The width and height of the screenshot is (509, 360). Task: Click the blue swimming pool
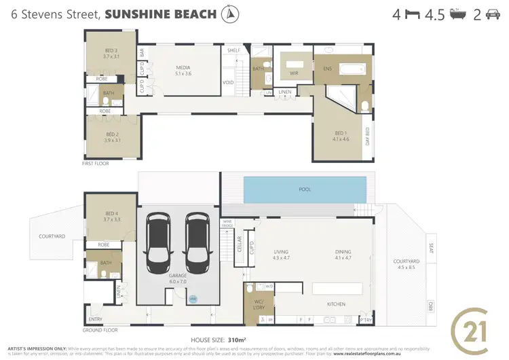pos(304,190)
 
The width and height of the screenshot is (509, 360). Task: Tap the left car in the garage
pos(158,239)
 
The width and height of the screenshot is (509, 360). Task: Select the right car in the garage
pos(197,239)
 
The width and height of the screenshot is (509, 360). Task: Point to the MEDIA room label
pos(183,69)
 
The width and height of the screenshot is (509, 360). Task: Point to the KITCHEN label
pos(337,304)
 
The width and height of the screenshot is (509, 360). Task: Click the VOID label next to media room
pos(228,84)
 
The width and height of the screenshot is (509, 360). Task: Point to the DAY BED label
pos(367,137)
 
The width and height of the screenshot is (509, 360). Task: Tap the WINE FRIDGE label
pos(227,223)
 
